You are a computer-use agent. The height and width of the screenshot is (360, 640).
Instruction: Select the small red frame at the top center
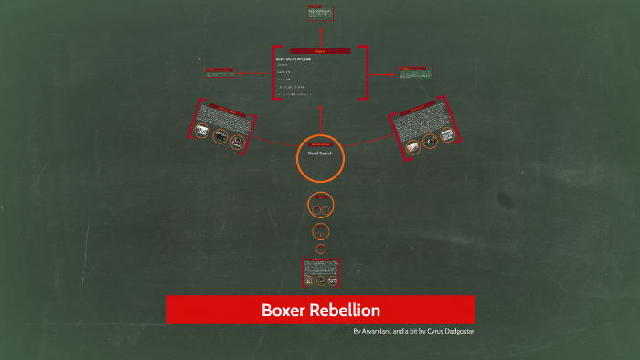point(320,14)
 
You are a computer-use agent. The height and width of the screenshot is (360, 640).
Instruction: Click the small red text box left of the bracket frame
point(219,70)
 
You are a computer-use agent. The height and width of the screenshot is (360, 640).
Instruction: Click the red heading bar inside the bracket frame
point(320,51)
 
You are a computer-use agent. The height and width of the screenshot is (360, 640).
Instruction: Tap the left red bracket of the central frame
point(274,73)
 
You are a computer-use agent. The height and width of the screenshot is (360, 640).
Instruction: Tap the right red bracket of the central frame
point(366,73)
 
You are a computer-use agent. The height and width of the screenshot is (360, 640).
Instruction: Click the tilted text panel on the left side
point(222,124)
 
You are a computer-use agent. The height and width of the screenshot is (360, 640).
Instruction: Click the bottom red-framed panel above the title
point(320,270)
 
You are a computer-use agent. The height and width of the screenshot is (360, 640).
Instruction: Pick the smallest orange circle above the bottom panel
point(320,248)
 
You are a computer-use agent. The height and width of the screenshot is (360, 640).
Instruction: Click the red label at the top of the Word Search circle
point(320,144)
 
